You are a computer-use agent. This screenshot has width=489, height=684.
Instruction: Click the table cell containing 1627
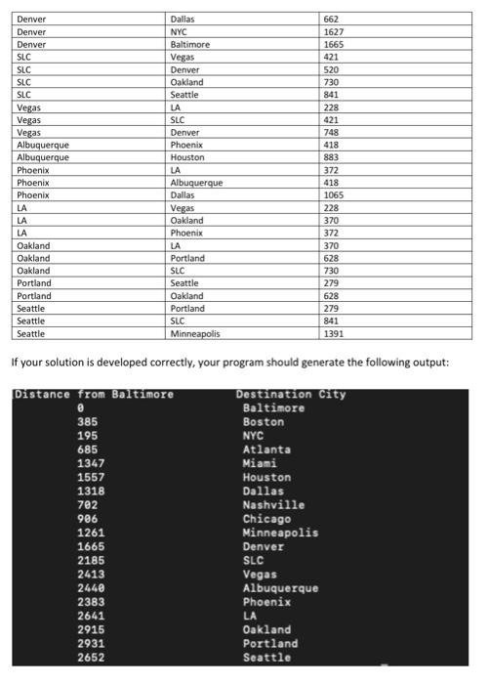[335, 31]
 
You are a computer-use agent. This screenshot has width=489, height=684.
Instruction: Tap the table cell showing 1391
[335, 333]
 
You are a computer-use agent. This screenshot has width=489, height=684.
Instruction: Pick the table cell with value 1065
[335, 194]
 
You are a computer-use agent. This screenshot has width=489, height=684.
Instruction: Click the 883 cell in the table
[332, 157]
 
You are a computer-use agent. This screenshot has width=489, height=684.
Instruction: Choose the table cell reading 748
[332, 132]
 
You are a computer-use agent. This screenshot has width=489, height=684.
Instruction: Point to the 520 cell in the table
[332, 69]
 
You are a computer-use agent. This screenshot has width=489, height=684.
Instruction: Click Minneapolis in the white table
[195, 333]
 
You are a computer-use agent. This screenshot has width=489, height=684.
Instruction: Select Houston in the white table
[187, 157]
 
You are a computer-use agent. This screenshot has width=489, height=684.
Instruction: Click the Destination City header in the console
[291, 395]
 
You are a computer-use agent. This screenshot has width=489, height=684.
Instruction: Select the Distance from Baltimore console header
[94, 395]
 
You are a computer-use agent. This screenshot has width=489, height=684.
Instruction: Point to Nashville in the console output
[273, 505]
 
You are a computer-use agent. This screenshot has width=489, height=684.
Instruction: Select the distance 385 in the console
[88, 422]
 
